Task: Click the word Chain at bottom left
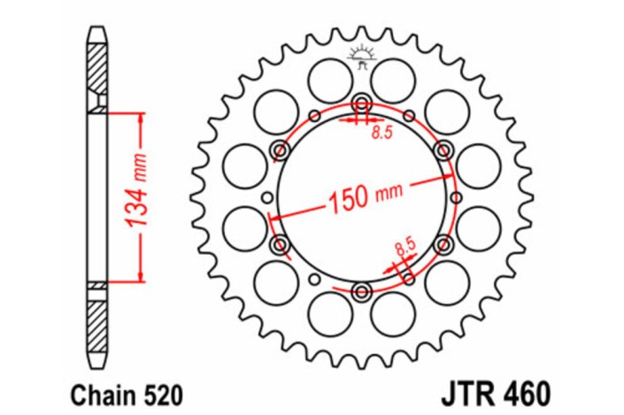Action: coord(93,391)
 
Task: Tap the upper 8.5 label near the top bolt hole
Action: coord(381,134)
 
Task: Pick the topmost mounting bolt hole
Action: coord(362,101)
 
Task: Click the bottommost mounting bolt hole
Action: coord(362,291)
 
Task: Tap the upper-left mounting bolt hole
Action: coord(280,149)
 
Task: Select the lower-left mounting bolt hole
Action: coord(280,243)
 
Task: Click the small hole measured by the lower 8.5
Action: coord(409,277)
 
